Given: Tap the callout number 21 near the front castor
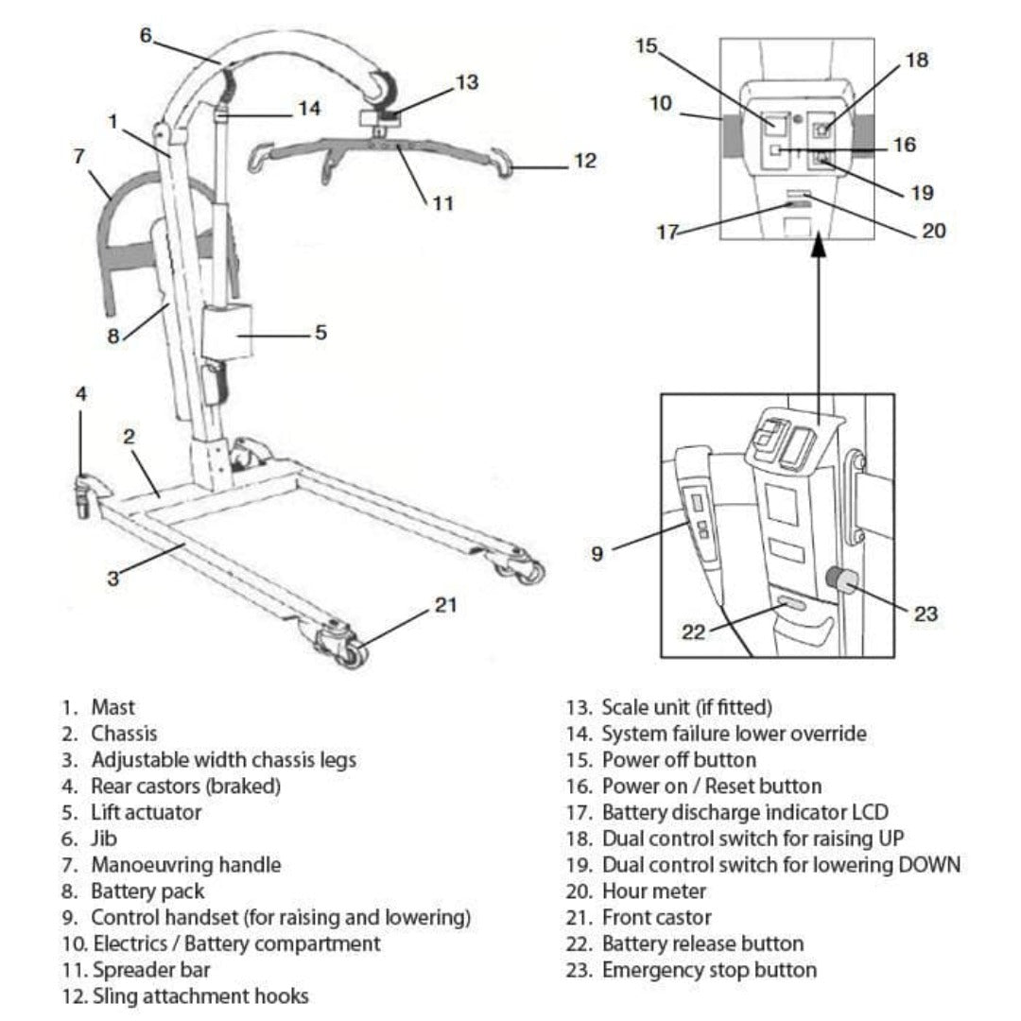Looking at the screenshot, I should [445, 605].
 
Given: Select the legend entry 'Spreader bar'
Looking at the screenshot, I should [151, 970].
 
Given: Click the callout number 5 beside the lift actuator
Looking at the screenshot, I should [320, 333].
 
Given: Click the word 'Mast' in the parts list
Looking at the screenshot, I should [112, 707].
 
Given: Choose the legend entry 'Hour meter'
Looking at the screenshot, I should [653, 891].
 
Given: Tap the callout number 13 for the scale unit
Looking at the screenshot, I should [467, 82].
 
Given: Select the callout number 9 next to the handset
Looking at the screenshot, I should [597, 554].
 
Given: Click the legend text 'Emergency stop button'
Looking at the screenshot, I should [709, 970].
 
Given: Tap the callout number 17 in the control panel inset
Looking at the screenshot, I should [667, 232].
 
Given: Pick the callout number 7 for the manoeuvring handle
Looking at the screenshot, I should [79, 157].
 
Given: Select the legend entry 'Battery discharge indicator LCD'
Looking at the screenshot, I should [745, 812].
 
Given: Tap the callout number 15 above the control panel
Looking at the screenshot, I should [646, 45].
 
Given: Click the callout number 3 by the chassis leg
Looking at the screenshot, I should [112, 579].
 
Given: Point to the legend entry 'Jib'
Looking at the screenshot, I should [104, 839].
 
